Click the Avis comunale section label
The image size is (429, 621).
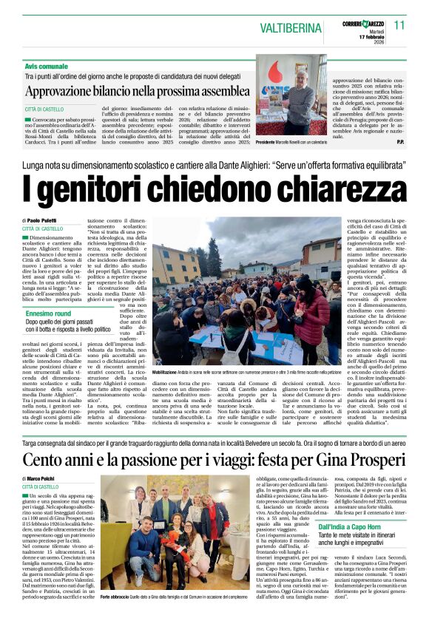pyautogui.click(x=47, y=67)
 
